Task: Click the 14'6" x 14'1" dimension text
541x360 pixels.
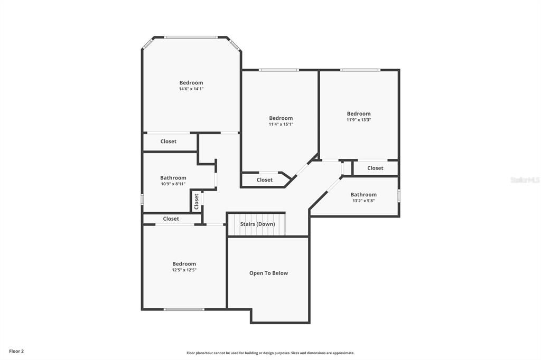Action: (191, 89)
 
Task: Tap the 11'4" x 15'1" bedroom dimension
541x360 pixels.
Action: (281, 125)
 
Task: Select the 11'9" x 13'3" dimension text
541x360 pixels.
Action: (359, 120)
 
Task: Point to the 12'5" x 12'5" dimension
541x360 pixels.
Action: (184, 270)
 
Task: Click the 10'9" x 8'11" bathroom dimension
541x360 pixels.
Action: (173, 184)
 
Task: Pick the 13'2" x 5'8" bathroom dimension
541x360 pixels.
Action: (363, 201)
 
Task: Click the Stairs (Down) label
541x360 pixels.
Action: (257, 224)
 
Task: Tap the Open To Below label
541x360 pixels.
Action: (268, 273)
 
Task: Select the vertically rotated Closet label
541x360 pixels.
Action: (197, 201)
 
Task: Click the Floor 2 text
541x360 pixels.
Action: (16, 351)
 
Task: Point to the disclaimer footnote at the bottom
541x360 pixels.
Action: (270, 353)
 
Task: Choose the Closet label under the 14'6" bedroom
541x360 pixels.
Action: (169, 141)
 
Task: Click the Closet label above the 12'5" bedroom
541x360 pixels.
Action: (171, 219)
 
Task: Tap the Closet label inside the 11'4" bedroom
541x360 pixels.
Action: (265, 180)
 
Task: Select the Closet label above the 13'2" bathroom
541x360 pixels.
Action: (375, 168)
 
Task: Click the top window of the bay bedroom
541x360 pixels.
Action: (190, 37)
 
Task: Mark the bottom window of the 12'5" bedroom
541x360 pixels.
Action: (184, 309)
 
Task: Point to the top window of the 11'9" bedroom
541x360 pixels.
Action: (360, 70)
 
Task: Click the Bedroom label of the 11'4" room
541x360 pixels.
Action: (281, 118)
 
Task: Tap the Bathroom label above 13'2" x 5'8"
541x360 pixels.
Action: (363, 195)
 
